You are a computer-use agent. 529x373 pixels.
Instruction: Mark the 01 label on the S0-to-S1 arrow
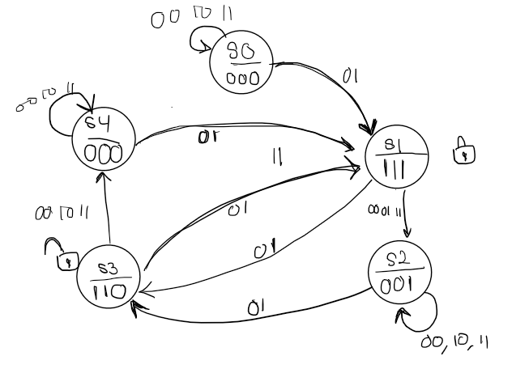[x=350, y=77]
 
